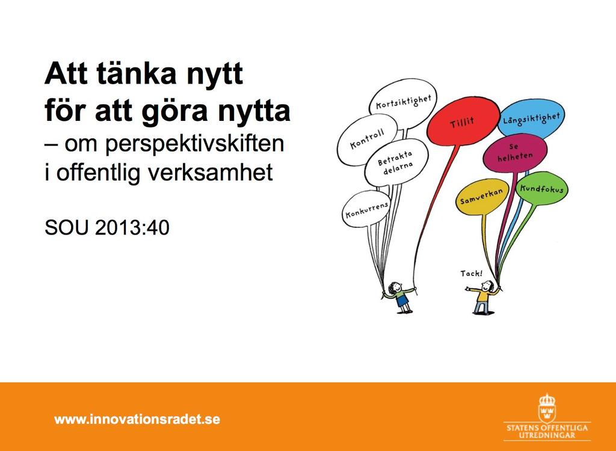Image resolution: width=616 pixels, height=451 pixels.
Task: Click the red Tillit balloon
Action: click(463, 121)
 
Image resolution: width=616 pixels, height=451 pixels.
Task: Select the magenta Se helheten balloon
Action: click(515, 152)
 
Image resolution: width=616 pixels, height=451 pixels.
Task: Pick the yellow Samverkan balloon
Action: click(482, 197)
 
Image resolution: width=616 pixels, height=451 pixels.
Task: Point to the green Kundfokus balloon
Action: click(541, 189)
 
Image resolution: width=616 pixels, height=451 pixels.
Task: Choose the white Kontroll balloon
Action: click(368, 139)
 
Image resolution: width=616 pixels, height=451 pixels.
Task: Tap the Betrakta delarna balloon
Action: click(396, 162)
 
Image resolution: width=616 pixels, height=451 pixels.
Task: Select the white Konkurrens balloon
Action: click(366, 209)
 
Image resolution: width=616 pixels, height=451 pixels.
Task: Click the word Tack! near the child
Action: click(472, 273)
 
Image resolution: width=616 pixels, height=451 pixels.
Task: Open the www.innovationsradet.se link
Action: click(137, 419)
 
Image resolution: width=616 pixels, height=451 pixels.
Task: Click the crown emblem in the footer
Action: click(547, 408)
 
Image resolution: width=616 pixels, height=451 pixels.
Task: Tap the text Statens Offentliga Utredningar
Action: click(547, 431)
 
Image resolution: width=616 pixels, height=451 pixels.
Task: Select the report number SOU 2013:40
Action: click(107, 227)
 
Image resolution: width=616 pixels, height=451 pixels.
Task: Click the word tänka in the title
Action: click(136, 73)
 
